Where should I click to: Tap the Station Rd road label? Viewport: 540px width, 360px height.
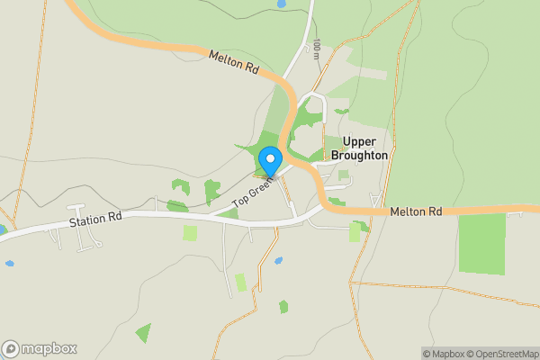click(x=94, y=220)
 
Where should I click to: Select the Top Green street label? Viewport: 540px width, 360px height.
click(x=252, y=194)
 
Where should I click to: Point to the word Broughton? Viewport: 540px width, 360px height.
click(x=359, y=156)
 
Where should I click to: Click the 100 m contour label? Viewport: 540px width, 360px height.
click(x=317, y=49)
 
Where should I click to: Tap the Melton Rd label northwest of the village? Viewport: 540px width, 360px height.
click(x=233, y=61)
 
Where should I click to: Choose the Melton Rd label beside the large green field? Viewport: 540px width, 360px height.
click(x=416, y=212)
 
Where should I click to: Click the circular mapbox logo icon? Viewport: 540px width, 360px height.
click(x=11, y=349)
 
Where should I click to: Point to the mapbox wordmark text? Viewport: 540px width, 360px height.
click(x=49, y=349)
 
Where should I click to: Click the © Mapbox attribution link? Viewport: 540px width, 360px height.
click(x=444, y=354)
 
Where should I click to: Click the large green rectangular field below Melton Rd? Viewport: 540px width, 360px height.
click(x=481, y=243)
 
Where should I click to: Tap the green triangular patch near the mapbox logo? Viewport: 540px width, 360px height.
click(x=143, y=332)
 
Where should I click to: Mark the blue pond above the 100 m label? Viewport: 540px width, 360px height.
click(x=282, y=4)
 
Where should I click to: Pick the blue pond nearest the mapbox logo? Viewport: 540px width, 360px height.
click(x=9, y=264)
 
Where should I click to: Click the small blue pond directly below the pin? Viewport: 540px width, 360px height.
click(x=278, y=261)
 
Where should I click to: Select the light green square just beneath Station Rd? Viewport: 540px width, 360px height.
click(x=190, y=232)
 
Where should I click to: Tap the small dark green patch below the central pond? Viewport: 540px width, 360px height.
click(x=283, y=307)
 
